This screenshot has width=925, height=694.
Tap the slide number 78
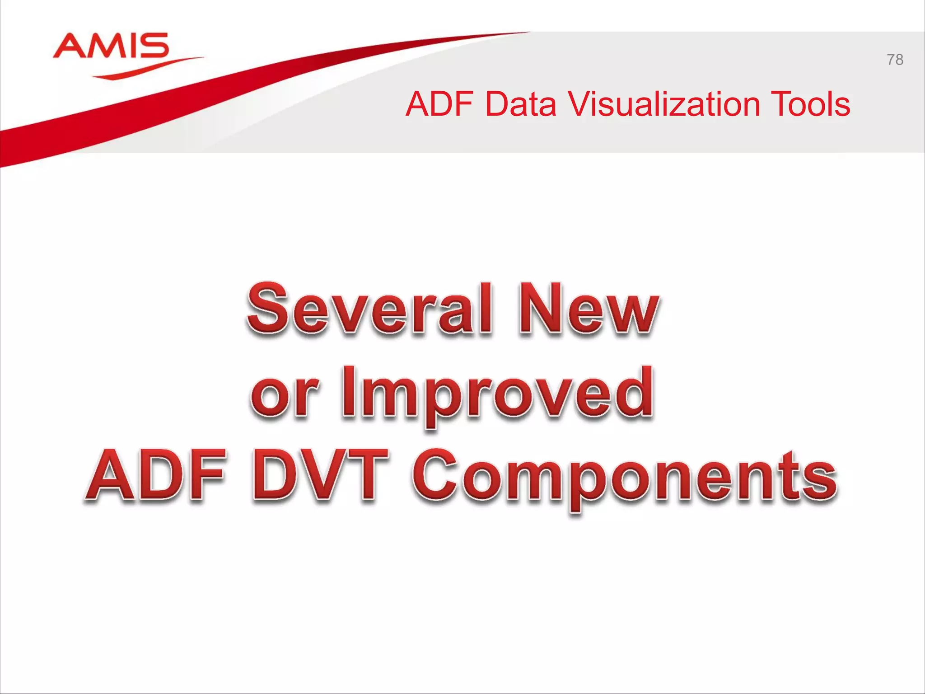click(895, 60)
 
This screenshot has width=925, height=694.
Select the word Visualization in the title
click(663, 104)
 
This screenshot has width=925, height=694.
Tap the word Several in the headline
click(369, 309)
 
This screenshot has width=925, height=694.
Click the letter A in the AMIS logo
click(68, 46)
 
